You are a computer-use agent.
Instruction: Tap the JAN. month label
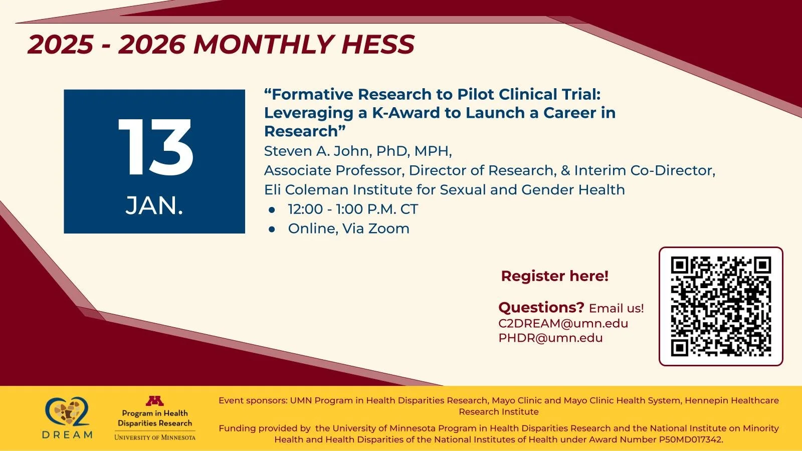pyautogui.click(x=154, y=205)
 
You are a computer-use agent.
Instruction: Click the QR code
pyautogui.click(x=721, y=306)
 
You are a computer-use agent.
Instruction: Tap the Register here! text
pyautogui.click(x=554, y=276)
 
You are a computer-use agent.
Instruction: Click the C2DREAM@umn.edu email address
pyautogui.click(x=563, y=323)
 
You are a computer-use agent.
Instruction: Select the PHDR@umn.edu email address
pyautogui.click(x=550, y=338)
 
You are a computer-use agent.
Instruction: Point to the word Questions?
pyautogui.click(x=541, y=307)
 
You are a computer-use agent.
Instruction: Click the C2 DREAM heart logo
pyautogui.click(x=68, y=412)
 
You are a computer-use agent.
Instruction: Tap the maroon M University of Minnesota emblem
pyautogui.click(x=154, y=401)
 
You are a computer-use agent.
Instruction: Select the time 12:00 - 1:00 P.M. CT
pyautogui.click(x=352, y=209)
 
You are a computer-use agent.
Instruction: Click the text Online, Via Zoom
pyautogui.click(x=348, y=229)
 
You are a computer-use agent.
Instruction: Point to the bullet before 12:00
pyautogui.click(x=272, y=209)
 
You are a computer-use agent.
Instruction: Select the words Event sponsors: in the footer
pyautogui.click(x=253, y=400)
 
